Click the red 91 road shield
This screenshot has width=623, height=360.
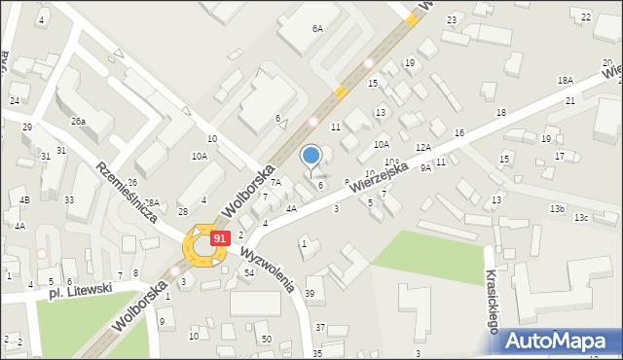click(221, 237)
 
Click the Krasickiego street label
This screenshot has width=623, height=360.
click(492, 302)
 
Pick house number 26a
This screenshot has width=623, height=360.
click(78, 122)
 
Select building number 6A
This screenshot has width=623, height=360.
click(317, 29)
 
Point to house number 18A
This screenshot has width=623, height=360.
click(566, 80)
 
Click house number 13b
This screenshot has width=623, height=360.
click(557, 209)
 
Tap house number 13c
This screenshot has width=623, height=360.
click(581, 217)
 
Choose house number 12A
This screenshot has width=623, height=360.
click(422, 147)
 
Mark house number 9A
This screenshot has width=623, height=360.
click(425, 167)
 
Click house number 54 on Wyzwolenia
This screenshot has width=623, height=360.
click(249, 272)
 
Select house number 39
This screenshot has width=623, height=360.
click(310, 294)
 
